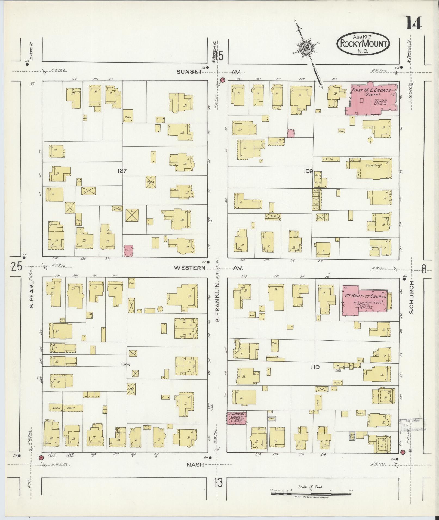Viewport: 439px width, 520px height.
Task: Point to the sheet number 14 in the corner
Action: pyautogui.click(x=414, y=23)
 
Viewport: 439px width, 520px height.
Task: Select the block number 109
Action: pyautogui.click(x=309, y=171)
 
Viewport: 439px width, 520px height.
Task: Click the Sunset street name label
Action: pyautogui.click(x=189, y=72)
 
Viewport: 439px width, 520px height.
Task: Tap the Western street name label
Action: pyautogui.click(x=189, y=268)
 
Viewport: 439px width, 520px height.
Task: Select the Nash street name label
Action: pyautogui.click(x=195, y=465)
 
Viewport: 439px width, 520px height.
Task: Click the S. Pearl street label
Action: pyautogui.click(x=32, y=295)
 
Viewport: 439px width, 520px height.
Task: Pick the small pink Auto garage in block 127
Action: pyautogui.click(x=128, y=250)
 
